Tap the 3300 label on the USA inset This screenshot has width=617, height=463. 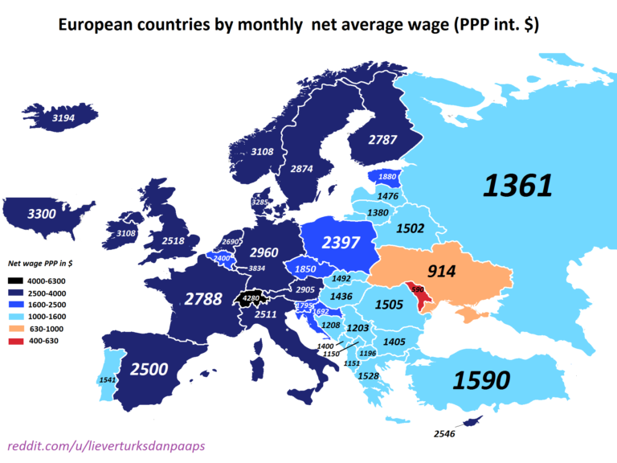(42, 215)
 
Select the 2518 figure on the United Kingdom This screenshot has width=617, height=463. (174, 240)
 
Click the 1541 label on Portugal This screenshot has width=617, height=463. (108, 379)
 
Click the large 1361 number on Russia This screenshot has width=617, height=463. (517, 186)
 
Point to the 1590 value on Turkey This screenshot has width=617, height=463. (481, 380)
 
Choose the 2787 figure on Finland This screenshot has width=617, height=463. (382, 140)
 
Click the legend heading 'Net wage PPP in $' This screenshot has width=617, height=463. (39, 263)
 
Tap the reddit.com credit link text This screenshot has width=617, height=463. (96, 445)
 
